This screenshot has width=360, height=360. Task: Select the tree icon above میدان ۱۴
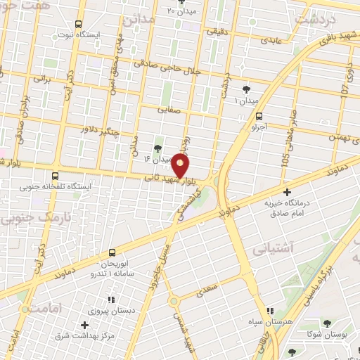pos(157,148)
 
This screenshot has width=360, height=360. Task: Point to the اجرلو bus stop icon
pos(259,117)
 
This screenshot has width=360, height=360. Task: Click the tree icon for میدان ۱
pos(245,89)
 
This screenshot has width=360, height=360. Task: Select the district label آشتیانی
pos(307,248)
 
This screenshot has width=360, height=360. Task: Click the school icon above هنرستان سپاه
pos(269,311)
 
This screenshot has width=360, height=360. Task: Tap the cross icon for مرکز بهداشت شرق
pos(85,325)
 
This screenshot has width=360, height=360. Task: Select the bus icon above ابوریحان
pos(111,252)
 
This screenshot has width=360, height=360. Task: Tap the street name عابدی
pos(271,40)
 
